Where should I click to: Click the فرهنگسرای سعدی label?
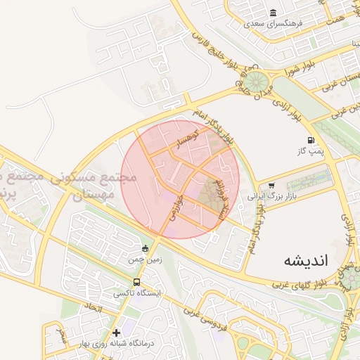pyautogui.click(x=273, y=23)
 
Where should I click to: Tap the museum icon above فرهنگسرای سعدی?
pyautogui.click(x=273, y=13)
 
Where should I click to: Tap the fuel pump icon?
pyautogui.click(x=311, y=141)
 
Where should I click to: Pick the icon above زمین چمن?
pyautogui.click(x=145, y=248)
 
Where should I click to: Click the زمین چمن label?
pyautogui.click(x=144, y=259)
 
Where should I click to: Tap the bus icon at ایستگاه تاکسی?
pyautogui.click(x=136, y=282)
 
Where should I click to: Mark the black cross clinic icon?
pyautogui.click(x=116, y=332)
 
